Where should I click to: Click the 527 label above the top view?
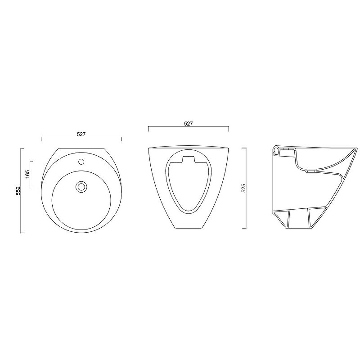81,134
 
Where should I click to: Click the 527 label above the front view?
188,123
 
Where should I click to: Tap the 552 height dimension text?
18,191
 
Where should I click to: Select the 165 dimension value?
27,174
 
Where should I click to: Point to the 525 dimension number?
243,188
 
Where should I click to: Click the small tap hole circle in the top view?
81,162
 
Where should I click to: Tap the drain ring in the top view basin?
81,186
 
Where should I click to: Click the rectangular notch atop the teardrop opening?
188,159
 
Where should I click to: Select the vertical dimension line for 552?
21,191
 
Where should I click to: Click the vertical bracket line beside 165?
30,174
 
